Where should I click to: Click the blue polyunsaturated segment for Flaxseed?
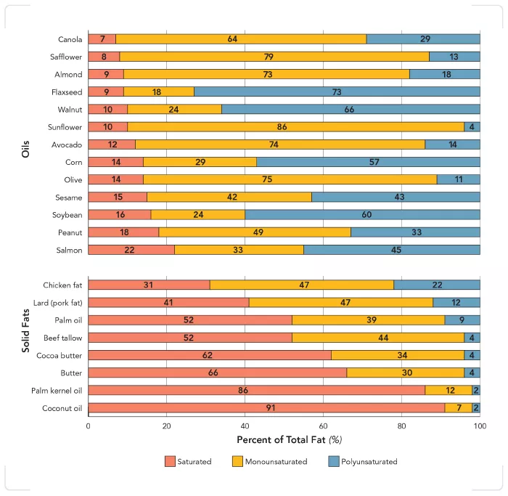tap(337, 92)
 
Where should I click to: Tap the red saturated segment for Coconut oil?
tap(266, 408)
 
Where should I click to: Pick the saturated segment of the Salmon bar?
tap(131, 250)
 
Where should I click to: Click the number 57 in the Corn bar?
tap(374, 162)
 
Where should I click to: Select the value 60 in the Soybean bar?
tap(363, 215)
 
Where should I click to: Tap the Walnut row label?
tap(70, 110)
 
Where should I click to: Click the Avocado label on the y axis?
tap(67, 145)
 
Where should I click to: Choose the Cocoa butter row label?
tap(61, 356)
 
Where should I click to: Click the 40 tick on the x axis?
tap(245, 427)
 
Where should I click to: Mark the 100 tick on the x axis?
tap(479, 427)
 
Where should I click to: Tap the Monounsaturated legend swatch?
tap(238, 461)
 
